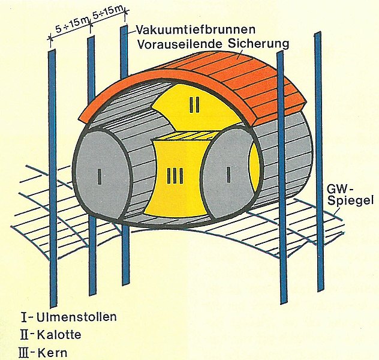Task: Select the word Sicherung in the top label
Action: tap(256, 43)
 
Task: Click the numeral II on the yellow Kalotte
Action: tap(193, 105)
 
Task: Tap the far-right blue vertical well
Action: tap(318, 162)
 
